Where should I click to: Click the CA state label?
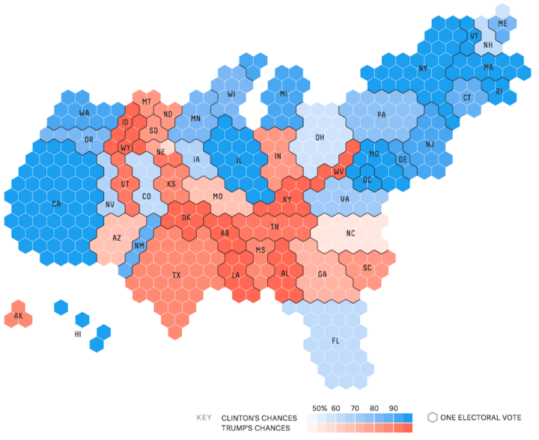[x=55, y=204]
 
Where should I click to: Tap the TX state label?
[x=177, y=275]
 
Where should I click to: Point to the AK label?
[x=19, y=316]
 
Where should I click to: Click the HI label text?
[x=77, y=334]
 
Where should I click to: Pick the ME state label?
[x=502, y=25]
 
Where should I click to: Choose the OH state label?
[x=320, y=138]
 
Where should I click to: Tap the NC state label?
[x=350, y=233]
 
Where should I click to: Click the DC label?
[x=368, y=180]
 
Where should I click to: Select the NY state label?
[x=423, y=69]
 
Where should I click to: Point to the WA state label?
[x=85, y=113]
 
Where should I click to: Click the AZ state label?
[x=117, y=237]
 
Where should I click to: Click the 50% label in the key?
[x=320, y=408]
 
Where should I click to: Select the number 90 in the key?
[x=393, y=408]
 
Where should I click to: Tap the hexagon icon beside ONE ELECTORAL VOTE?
[x=432, y=418]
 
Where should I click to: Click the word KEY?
[x=203, y=418]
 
